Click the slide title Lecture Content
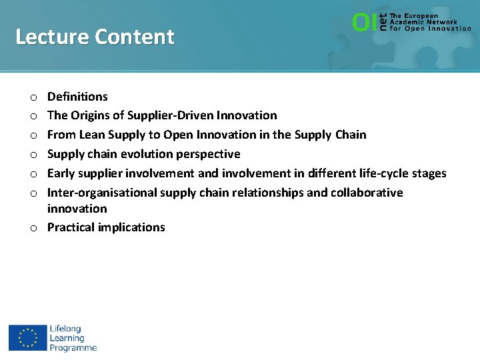pos(95,37)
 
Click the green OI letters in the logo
pos(364,23)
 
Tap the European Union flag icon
pos(28,338)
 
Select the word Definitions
pos(77,97)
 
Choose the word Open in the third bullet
pos(179,135)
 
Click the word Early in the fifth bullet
pos(61,173)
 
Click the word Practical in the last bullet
pos(71,227)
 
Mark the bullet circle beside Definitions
pos(33,97)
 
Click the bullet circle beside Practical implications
pos(33,228)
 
